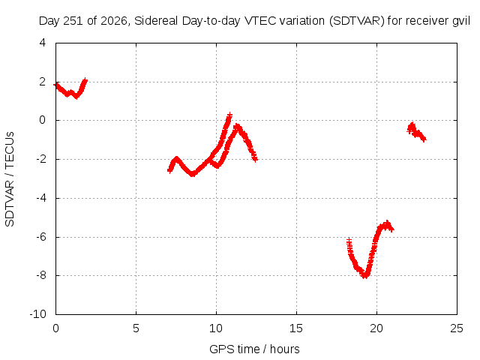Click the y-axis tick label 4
[43, 43]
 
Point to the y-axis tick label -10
[38, 314]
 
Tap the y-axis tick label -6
[41, 237]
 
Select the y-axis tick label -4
[41, 198]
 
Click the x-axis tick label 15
[296, 328]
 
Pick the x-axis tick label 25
[457, 328]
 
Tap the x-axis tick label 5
[136, 328]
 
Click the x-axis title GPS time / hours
[254, 349]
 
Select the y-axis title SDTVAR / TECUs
[10, 179]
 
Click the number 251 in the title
[73, 21]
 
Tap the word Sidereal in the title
[156, 21]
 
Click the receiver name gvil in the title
[461, 22]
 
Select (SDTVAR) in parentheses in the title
[357, 21]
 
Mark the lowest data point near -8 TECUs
[364, 276]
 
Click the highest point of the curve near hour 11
[229, 115]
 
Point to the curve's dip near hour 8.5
[192, 174]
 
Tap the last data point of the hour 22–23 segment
[424, 139]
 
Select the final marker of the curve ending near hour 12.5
[255, 159]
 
